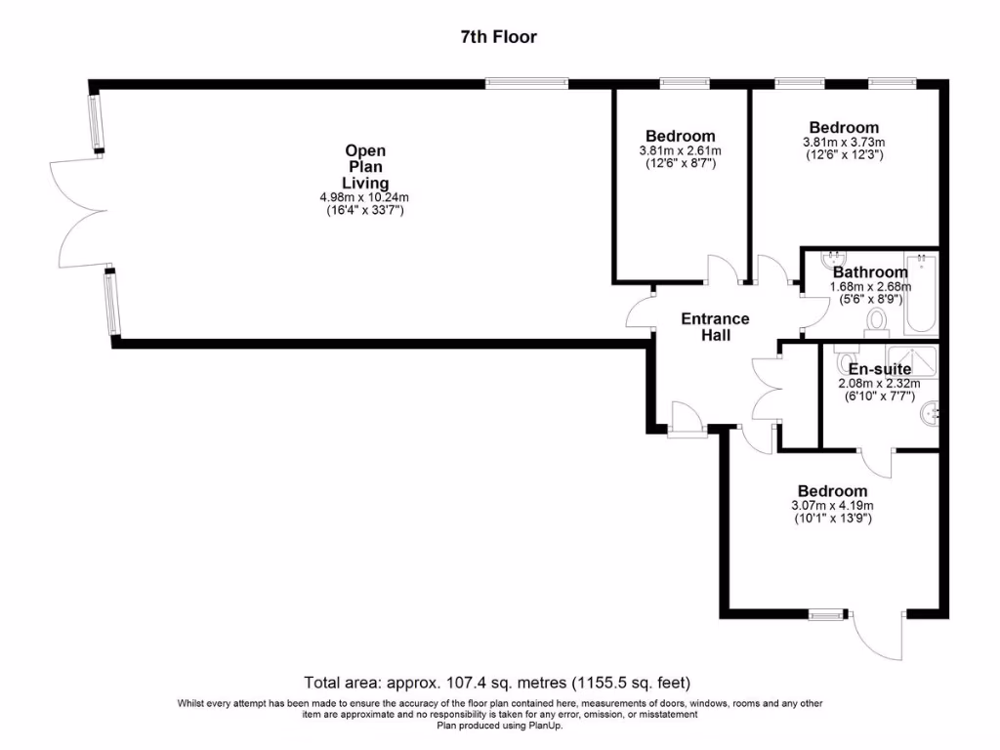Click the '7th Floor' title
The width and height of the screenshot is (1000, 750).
(x=498, y=37)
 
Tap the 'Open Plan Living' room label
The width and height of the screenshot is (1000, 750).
(x=365, y=167)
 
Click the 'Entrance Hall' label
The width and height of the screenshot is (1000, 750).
(x=715, y=327)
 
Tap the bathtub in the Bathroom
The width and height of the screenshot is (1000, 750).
(x=921, y=295)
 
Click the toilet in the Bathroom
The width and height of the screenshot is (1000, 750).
(x=876, y=318)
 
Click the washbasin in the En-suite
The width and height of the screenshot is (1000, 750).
(x=929, y=415)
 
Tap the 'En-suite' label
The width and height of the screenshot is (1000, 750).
(x=879, y=369)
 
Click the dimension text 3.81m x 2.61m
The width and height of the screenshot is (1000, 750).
(x=680, y=150)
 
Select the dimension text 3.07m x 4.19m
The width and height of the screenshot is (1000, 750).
(x=832, y=505)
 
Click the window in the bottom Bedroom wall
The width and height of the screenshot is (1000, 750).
(x=826, y=614)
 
